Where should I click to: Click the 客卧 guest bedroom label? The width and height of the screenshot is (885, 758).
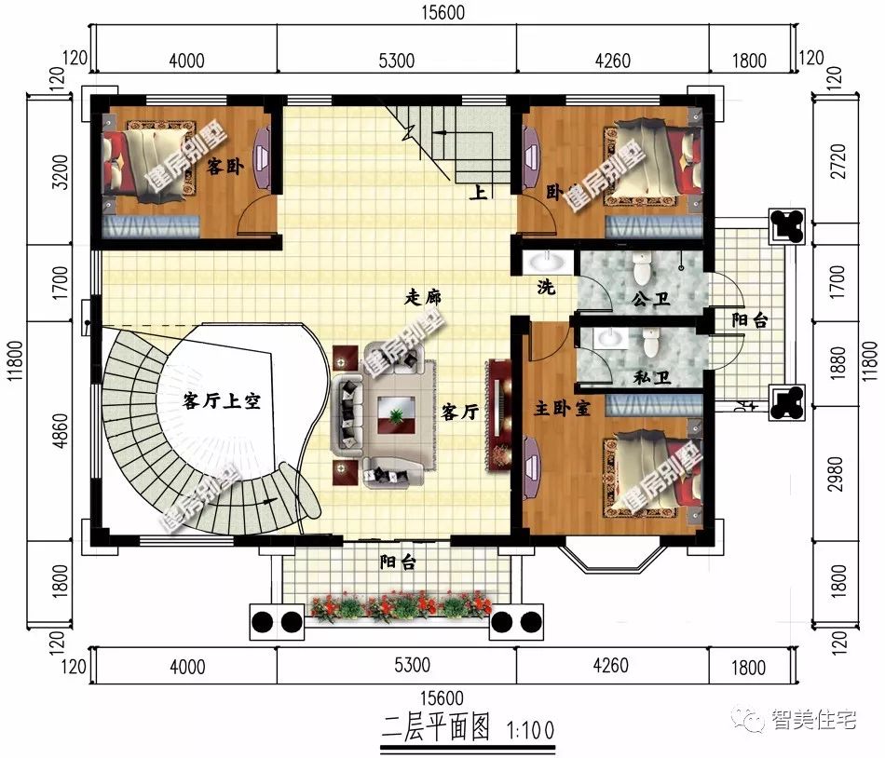(225, 167)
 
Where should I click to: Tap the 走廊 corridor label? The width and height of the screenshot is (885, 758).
(423, 297)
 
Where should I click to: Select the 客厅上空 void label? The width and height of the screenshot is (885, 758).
(222, 401)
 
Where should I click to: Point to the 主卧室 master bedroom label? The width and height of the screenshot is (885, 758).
(562, 407)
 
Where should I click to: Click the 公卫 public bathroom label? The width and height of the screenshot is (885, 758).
(651, 298)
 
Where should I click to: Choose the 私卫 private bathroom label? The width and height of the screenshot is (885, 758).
(652, 376)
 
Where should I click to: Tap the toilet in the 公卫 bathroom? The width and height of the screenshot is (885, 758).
(642, 268)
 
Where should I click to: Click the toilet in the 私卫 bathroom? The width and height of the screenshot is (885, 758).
(651, 343)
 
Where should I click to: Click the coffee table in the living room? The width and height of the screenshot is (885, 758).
(396, 415)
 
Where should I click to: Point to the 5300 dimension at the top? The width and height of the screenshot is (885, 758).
(396, 61)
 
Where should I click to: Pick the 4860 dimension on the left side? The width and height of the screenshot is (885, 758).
(60, 431)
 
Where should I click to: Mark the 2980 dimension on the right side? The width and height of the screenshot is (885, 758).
(837, 474)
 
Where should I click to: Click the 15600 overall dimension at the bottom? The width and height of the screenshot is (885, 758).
(442, 697)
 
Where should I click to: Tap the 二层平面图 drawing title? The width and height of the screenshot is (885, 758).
(436, 727)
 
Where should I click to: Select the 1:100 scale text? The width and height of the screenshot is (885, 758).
(531, 731)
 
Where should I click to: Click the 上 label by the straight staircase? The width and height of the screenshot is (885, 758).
(478, 193)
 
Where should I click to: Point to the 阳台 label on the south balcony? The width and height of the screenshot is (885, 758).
(398, 562)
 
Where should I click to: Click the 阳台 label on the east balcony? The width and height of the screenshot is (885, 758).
(750, 320)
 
